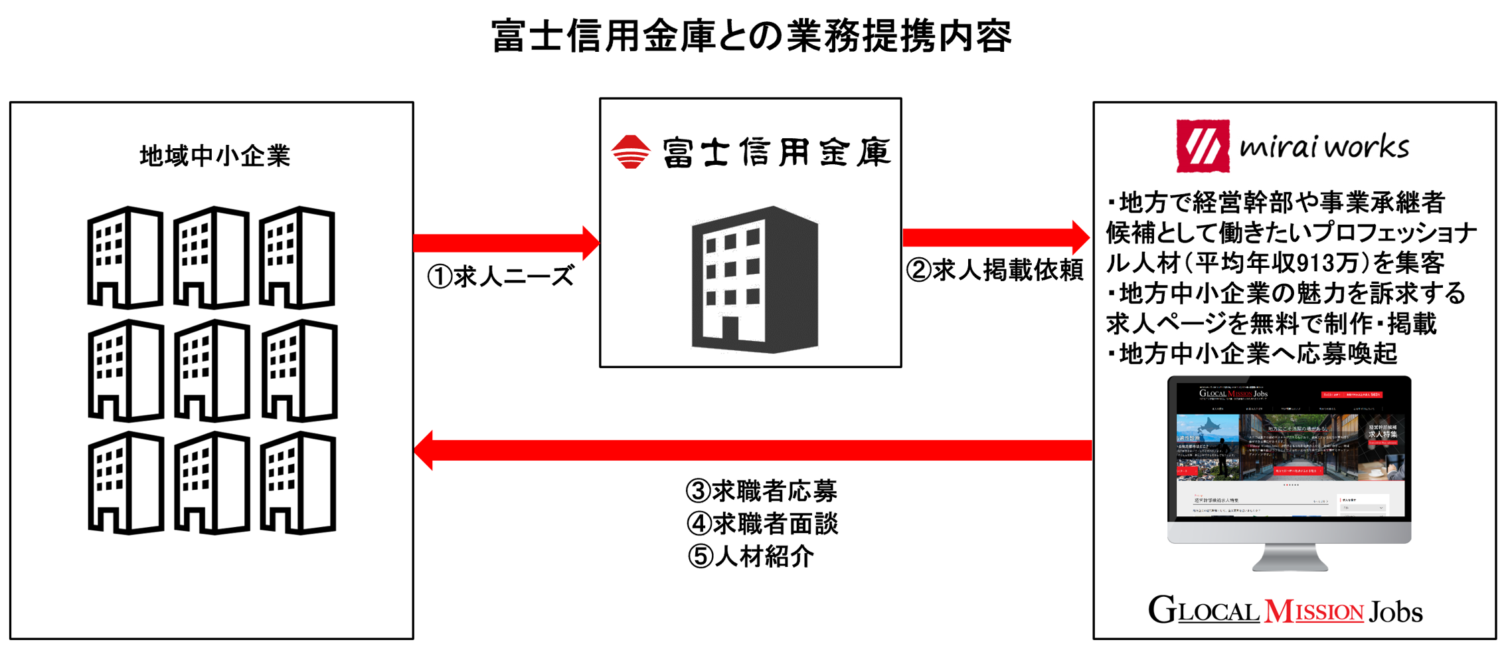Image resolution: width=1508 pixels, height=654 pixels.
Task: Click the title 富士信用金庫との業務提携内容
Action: pyautogui.click(x=752, y=37)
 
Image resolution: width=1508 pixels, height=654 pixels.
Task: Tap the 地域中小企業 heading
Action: pyautogui.click(x=214, y=156)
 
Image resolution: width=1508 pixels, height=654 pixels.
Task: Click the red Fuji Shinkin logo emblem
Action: pyautogui.click(x=630, y=152)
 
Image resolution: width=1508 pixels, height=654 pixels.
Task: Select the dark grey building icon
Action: pyautogui.click(x=754, y=279)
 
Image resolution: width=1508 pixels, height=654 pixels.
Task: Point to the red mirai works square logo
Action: pyautogui.click(x=1202, y=146)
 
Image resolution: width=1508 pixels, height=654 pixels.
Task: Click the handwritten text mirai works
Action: pyautogui.click(x=1324, y=147)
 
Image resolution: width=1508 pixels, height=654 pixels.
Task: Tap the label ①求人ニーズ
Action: pyautogui.click(x=501, y=276)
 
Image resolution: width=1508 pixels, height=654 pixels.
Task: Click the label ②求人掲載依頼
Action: pyautogui.click(x=995, y=271)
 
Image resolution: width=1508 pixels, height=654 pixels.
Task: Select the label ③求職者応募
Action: pyautogui.click(x=761, y=491)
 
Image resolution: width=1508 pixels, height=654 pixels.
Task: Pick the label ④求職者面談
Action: pyautogui.click(x=762, y=524)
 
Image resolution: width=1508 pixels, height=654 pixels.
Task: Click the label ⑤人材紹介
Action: pyautogui.click(x=750, y=556)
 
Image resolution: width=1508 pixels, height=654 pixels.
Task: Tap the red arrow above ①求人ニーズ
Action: pyautogui.click(x=505, y=243)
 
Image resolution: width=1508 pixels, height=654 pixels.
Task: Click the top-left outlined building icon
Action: pyautogui.click(x=126, y=258)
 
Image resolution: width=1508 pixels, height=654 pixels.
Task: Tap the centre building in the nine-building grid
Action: pyautogui.click(x=212, y=371)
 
